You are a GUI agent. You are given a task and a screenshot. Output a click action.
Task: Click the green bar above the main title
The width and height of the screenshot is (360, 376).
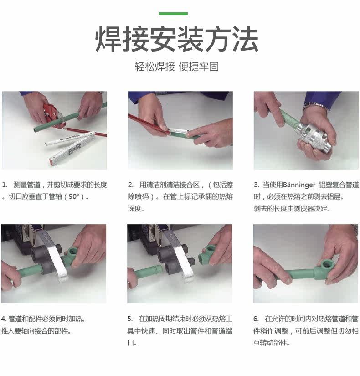[x=173, y=14]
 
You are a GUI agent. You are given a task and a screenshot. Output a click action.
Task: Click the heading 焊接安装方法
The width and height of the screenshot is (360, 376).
[x=177, y=39]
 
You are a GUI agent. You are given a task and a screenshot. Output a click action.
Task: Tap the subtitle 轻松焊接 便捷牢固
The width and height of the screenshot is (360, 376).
[x=176, y=67]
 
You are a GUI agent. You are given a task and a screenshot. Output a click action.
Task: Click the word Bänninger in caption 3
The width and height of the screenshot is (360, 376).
[x=299, y=185]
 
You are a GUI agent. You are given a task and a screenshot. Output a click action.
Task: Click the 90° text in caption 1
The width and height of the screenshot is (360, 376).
[x=74, y=196]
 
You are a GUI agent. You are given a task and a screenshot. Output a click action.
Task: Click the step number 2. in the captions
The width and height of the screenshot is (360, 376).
[x=130, y=185]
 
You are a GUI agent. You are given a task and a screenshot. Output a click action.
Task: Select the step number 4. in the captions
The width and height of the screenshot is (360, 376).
[x=4, y=319]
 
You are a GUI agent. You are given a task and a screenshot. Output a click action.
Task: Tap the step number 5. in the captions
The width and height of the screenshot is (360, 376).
[x=130, y=319]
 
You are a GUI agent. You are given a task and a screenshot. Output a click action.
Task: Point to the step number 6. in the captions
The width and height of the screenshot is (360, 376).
[x=256, y=319]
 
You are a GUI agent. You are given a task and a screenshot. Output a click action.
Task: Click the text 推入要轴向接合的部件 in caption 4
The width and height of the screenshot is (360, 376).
[x=36, y=331]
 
